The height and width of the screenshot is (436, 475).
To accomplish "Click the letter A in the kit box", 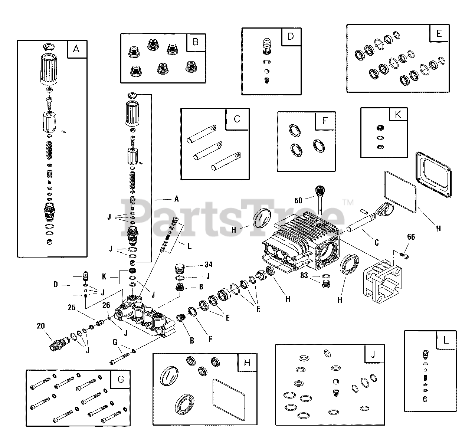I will pos(76,49).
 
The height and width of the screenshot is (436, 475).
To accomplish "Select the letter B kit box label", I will pos(195,42).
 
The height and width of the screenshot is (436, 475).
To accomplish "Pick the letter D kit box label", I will pos(291,36).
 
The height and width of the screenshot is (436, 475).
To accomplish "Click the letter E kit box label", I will pos(439,34).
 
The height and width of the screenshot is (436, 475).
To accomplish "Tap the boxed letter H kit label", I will pos(248,363).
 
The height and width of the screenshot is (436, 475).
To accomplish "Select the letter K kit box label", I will pos(398,115).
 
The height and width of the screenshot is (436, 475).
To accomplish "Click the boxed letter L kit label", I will pos(446,340).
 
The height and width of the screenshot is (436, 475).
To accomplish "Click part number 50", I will pos(298,201).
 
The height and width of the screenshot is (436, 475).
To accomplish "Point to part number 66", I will pos(411,237).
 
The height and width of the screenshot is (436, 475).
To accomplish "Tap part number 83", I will pos(304,275).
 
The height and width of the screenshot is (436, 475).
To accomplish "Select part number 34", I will pos(209,265).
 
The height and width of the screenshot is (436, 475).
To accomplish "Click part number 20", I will pos(41,326).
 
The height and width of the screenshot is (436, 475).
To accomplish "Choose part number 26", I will pos(106,305).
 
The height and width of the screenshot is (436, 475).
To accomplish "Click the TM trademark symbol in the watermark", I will pos(348,203).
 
